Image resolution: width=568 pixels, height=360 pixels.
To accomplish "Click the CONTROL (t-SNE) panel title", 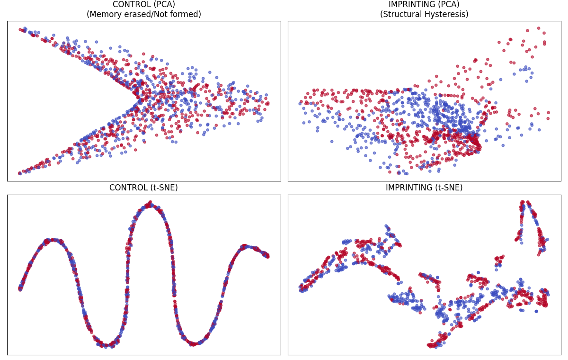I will (x=143, y=188).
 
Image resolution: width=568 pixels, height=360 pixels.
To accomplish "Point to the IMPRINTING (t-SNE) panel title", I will (x=424, y=188).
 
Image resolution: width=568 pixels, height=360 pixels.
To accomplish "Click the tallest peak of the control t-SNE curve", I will (x=150, y=204).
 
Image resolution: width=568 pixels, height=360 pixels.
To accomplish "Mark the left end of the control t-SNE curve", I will (x=20, y=288).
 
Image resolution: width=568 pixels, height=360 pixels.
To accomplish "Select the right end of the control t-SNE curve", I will (x=267, y=256).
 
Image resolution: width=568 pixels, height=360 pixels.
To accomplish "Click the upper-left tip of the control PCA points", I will (x=20, y=29).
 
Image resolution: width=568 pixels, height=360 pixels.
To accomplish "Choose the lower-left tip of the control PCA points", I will (x=19, y=173).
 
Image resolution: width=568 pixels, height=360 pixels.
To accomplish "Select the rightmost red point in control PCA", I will (x=267, y=103).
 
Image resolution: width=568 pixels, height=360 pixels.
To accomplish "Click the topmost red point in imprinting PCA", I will (x=539, y=28).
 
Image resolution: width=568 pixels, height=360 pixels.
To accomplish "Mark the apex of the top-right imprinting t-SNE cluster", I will (x=523, y=202).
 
